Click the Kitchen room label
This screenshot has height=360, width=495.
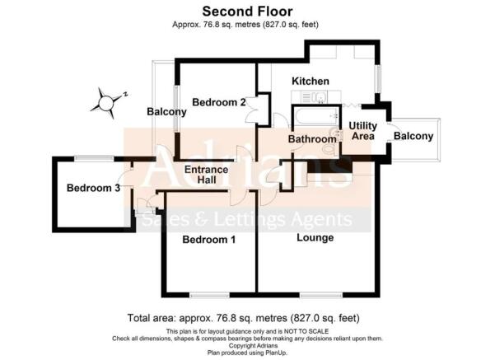tap(311, 82)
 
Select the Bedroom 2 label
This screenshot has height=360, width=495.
tap(219, 103)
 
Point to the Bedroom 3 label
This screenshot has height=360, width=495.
tap(94, 188)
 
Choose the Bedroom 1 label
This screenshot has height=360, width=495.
tap(209, 241)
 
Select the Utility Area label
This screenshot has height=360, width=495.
tap(362, 130)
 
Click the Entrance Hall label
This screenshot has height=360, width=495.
tap(205, 175)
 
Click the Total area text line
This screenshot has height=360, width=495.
tap(244, 318)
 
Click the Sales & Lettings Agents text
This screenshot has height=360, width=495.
tap(247, 220)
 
